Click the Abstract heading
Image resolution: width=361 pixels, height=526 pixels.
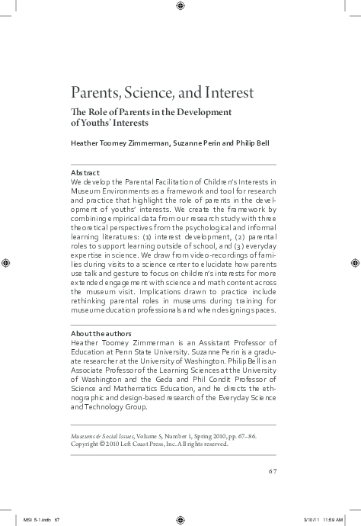tap(85, 173)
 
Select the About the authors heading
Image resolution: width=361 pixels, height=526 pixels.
tap(101, 333)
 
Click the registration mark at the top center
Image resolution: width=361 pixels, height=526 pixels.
tap(180, 6)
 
